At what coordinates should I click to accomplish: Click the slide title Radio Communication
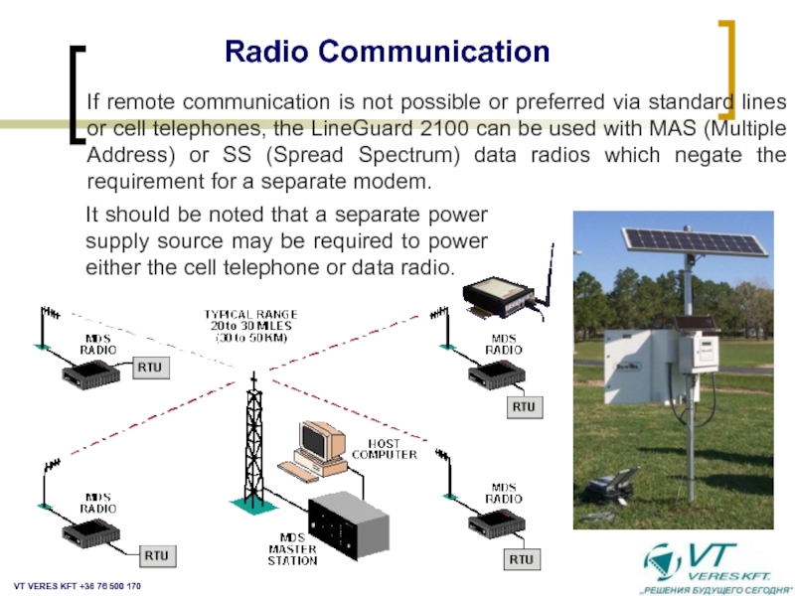(x=388, y=51)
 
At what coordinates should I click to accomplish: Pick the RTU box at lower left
(x=157, y=554)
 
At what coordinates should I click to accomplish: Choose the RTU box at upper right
(x=524, y=407)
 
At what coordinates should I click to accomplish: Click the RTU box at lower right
(x=522, y=560)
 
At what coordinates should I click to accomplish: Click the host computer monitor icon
(x=320, y=441)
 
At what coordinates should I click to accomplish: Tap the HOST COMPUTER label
(x=385, y=448)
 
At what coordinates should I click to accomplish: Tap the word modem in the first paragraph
(x=397, y=183)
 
